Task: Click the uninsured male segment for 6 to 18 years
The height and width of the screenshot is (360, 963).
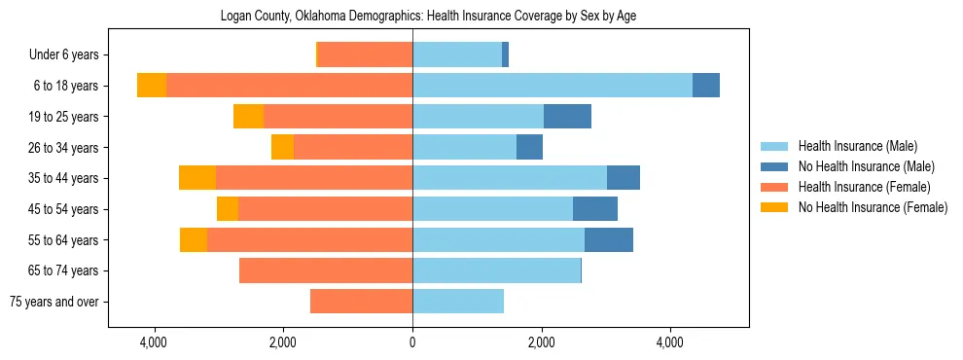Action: tap(706, 86)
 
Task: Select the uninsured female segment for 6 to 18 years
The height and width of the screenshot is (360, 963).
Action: tap(152, 86)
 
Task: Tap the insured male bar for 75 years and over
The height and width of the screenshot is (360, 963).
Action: tap(458, 302)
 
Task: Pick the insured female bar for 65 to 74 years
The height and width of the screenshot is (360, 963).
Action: tap(326, 270)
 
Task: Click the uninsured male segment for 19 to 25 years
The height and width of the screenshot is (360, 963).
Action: tap(567, 117)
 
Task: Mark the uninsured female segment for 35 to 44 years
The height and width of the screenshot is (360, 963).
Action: tap(197, 178)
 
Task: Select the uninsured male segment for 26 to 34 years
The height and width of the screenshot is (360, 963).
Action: tap(529, 147)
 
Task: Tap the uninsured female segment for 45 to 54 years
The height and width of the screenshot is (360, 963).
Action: tap(228, 209)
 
